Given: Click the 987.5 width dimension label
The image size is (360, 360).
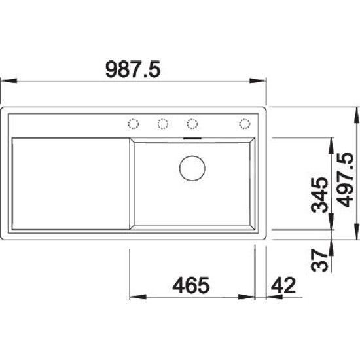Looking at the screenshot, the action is pos(133,69).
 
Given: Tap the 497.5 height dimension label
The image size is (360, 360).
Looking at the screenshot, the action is pos(346,180).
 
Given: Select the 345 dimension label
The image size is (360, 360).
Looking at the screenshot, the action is pos(319,194).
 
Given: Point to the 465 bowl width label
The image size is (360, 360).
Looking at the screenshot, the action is pos(190,285).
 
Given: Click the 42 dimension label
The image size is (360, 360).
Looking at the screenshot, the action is pos(283,285).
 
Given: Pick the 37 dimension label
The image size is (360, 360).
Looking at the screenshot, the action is pos(319,260).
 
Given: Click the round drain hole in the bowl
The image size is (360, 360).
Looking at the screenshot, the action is pos(192,168).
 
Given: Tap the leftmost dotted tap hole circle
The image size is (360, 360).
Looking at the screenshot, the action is pos(133,124).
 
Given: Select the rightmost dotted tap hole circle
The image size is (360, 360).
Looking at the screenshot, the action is pos(244,124).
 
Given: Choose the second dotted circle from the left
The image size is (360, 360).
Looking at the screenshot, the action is pos(163,124).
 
